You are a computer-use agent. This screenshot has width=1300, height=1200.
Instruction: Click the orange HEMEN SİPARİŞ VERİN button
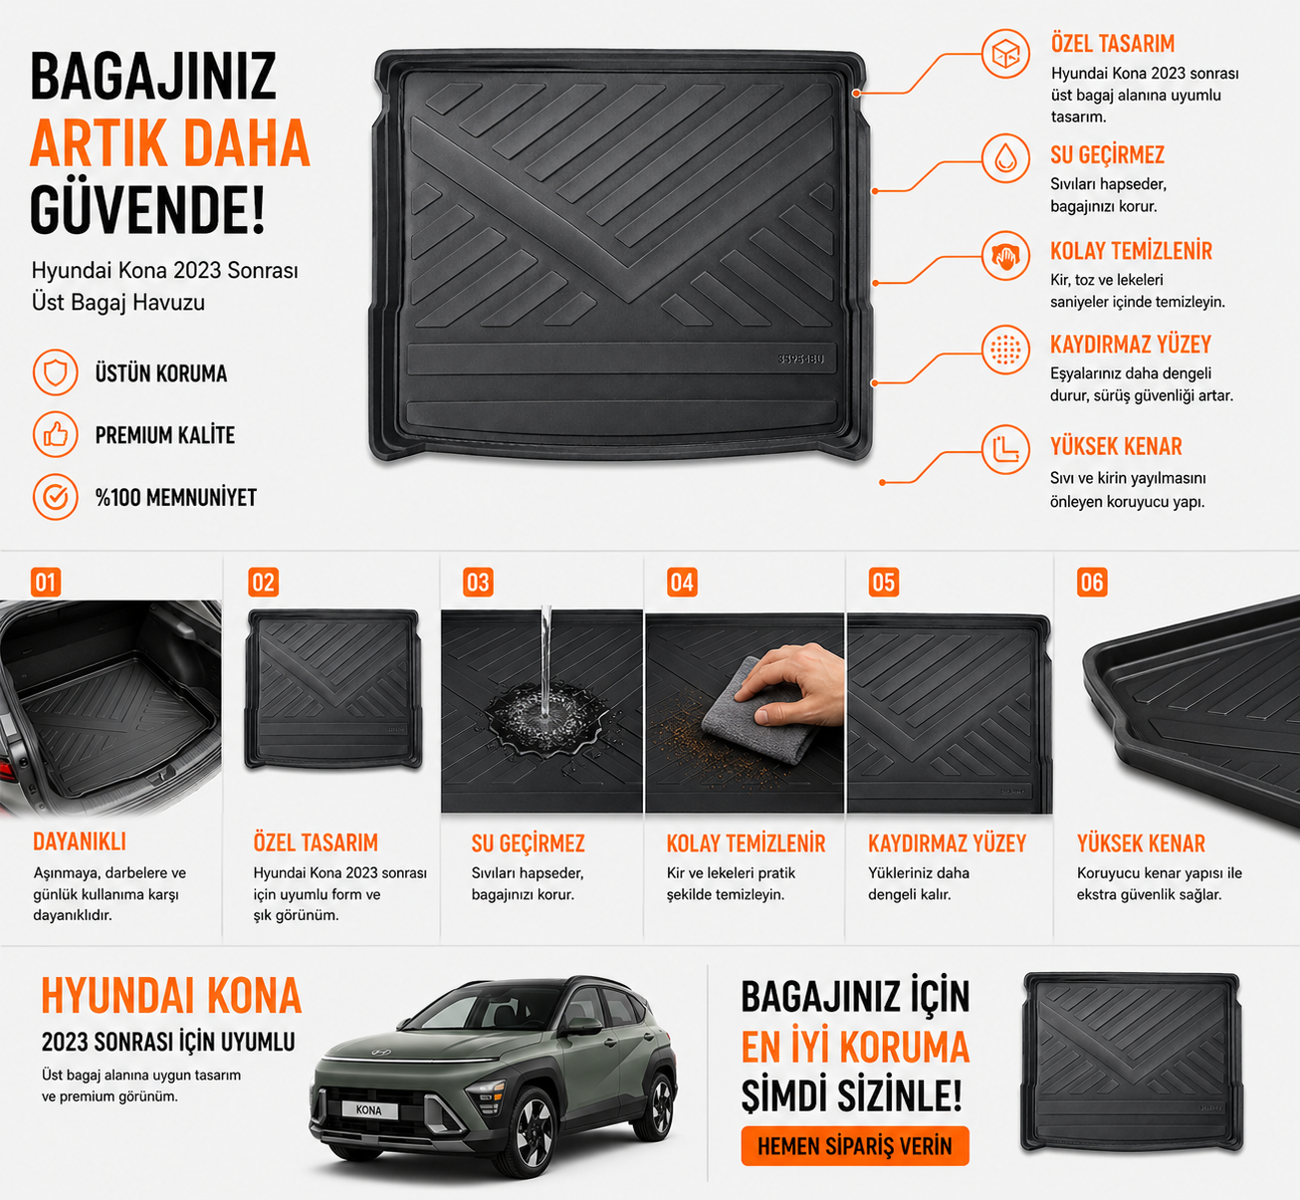[x=855, y=1145]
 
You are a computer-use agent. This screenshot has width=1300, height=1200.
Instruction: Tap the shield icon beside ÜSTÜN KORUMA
[x=56, y=372]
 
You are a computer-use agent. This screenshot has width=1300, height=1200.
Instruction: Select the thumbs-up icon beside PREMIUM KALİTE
[x=56, y=434]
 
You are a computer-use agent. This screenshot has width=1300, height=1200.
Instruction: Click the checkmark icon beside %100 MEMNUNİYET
[x=56, y=497]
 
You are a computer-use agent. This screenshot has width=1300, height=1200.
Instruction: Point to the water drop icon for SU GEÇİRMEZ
[x=1005, y=158]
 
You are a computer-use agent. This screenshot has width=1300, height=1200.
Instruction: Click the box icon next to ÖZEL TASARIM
[x=1005, y=54]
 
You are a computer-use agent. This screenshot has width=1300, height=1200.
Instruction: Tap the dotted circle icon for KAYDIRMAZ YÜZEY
[x=1005, y=350]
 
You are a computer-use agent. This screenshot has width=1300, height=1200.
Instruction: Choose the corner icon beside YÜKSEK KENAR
[x=1005, y=449]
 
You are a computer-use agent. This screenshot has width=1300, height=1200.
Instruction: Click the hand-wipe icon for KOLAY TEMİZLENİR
[x=1005, y=256]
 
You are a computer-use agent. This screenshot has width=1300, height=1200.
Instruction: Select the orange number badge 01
[x=46, y=582]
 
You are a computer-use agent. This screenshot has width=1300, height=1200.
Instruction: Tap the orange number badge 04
[x=682, y=582]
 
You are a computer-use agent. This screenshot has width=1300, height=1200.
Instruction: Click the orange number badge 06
[x=1092, y=582]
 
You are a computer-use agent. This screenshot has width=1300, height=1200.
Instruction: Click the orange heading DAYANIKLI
[x=80, y=841]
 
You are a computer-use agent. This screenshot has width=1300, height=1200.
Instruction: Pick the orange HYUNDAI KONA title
[x=171, y=996]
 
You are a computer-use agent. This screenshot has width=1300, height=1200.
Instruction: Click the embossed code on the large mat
[x=800, y=359]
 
